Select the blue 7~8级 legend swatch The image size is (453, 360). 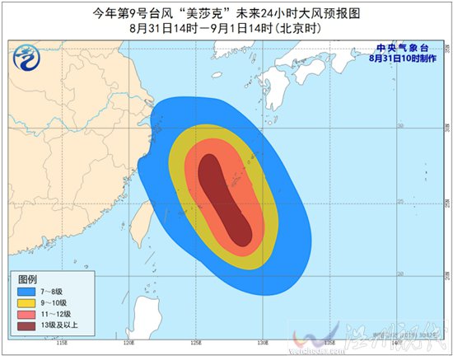tap(23, 291)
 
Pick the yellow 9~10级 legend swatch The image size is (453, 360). tap(23, 302)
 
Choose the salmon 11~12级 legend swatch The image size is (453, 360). tap(23, 314)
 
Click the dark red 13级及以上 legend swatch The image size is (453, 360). tap(23, 325)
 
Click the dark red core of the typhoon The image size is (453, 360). tap(224, 198)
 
